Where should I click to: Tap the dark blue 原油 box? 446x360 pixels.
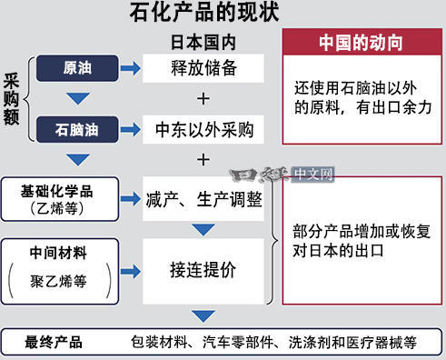click(x=76, y=68)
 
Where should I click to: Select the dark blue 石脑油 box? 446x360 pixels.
click(x=76, y=128)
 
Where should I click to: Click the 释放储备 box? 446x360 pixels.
click(x=203, y=68)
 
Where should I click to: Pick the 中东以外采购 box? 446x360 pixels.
click(x=203, y=128)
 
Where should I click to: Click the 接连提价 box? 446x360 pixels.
click(x=203, y=270)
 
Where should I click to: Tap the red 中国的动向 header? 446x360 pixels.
click(x=362, y=43)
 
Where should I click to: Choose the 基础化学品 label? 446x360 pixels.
click(x=56, y=192)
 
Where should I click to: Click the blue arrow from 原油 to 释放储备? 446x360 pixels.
click(x=130, y=68)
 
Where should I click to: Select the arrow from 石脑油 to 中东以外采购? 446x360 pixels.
click(x=130, y=128)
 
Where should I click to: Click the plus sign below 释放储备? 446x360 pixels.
click(x=203, y=98)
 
